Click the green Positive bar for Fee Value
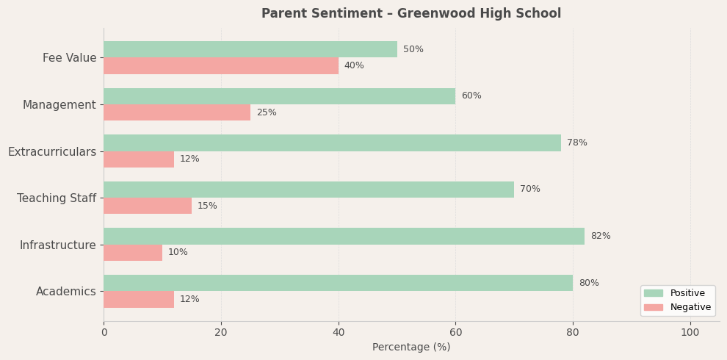click(x=250, y=49)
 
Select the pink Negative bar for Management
click(x=176, y=112)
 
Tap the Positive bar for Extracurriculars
click(x=332, y=143)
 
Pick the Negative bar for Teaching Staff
click(x=147, y=206)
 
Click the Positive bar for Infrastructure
click(x=344, y=236)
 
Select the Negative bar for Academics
click(x=138, y=299)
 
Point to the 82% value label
click(x=600, y=236)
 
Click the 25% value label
click(x=266, y=112)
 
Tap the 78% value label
click(x=576, y=143)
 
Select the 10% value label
click(x=178, y=252)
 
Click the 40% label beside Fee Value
click(x=354, y=65)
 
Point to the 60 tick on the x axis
click(x=455, y=332)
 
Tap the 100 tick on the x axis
click(x=690, y=332)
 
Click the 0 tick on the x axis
click(x=104, y=332)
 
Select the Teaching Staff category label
click(x=57, y=198)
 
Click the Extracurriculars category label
click(x=52, y=151)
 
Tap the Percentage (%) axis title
click(x=411, y=347)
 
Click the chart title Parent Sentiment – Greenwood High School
click(x=411, y=14)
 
